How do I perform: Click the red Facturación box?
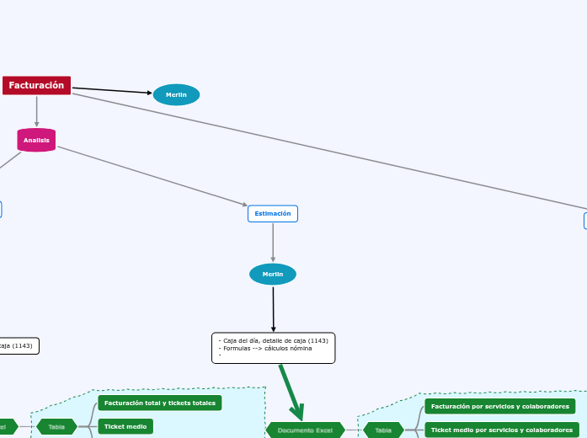[36, 85]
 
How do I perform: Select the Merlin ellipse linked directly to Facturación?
[176, 94]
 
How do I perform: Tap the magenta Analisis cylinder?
[36, 140]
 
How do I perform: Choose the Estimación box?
[272, 213]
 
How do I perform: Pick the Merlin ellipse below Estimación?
[273, 274]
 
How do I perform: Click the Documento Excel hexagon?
[305, 430]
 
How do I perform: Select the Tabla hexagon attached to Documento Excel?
[383, 430]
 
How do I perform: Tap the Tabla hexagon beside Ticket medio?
[56, 426]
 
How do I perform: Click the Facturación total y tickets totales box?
[159, 403]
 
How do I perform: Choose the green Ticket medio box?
[125, 426]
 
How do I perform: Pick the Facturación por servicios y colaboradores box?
[499, 406]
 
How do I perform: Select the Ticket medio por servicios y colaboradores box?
[501, 430]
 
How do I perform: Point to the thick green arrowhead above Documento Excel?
[297, 412]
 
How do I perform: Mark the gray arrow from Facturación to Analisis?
[37, 111]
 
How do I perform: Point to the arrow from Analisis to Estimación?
[152, 176]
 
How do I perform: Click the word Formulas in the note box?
[237, 348]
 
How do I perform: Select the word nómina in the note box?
[300, 348]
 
